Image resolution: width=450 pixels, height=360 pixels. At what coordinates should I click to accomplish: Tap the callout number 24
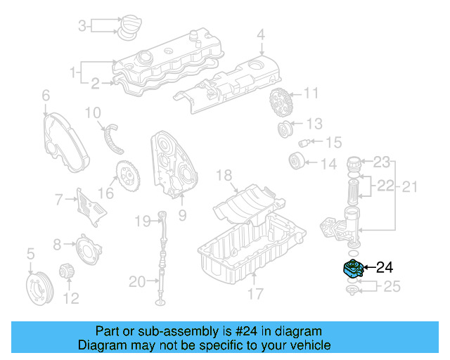click(385, 267)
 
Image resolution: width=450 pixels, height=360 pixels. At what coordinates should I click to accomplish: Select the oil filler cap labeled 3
click(129, 27)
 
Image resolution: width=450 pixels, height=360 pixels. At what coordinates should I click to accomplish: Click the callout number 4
click(260, 34)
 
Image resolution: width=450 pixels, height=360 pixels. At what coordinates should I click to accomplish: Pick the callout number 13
click(314, 124)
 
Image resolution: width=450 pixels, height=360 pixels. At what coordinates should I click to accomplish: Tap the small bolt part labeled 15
click(305, 143)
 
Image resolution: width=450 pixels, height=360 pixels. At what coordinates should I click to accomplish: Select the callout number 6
click(46, 95)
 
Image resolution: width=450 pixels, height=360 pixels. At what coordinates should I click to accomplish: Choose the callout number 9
click(181, 216)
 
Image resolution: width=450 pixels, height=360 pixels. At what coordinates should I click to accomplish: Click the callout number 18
click(224, 174)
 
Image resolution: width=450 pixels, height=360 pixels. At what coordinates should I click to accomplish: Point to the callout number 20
click(137, 283)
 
